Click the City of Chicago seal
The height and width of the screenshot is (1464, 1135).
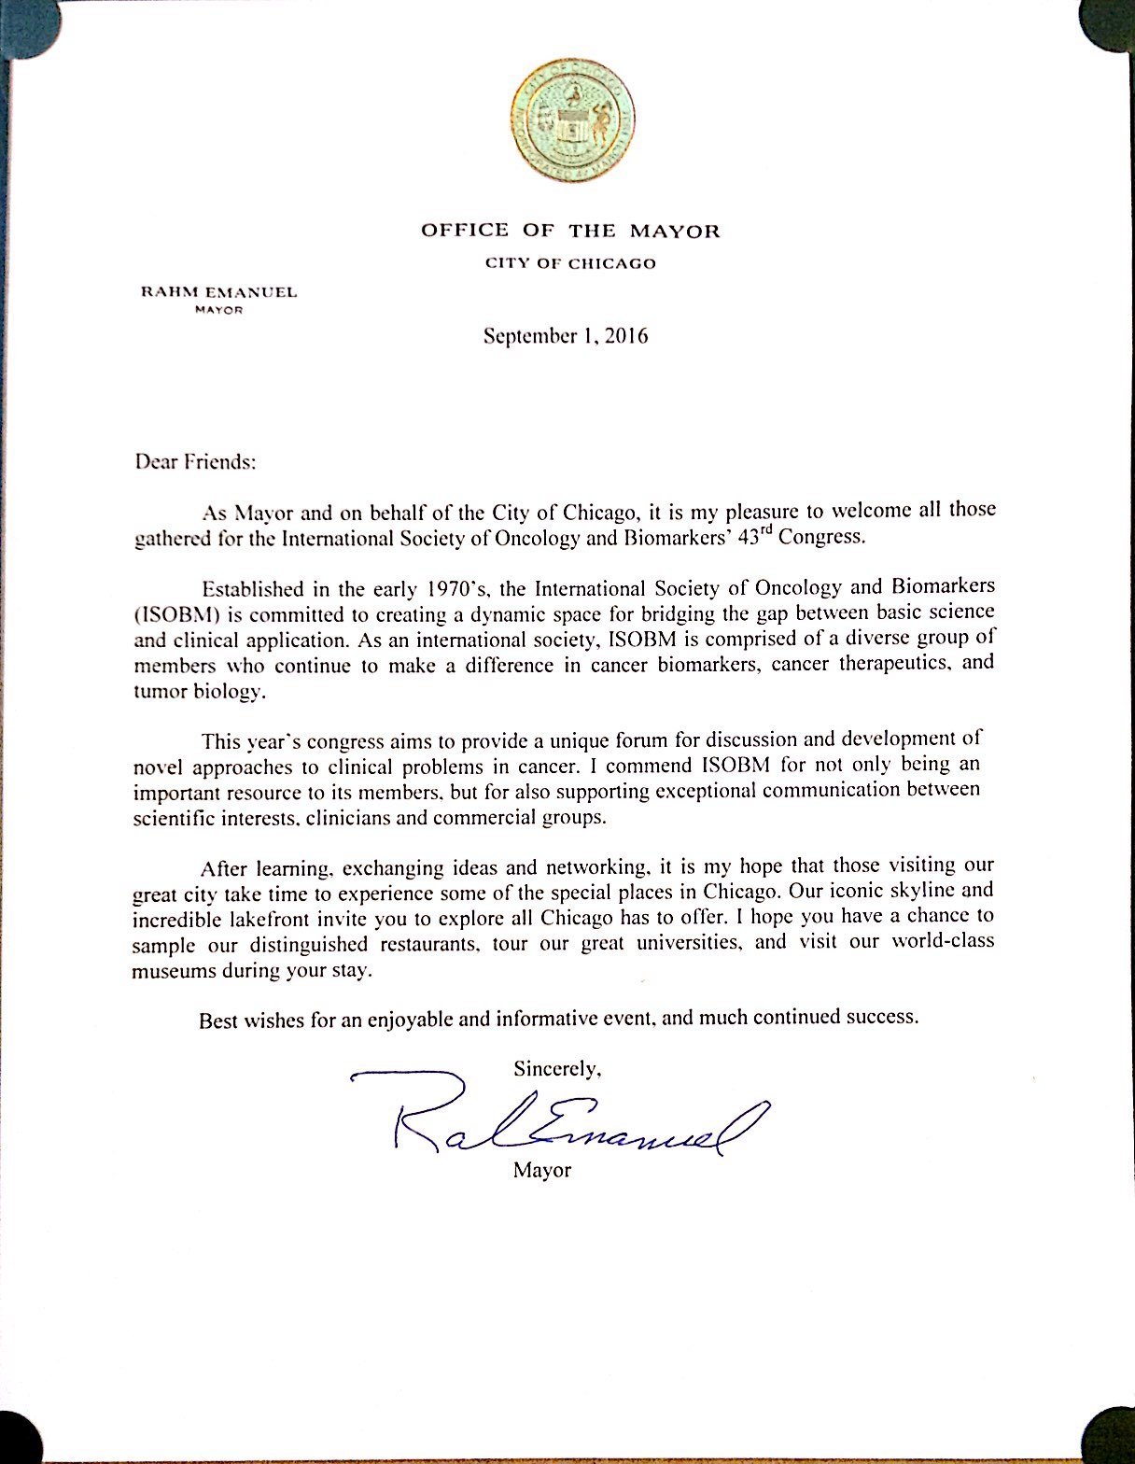[571, 120]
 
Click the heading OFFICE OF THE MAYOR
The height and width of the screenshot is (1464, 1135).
[570, 231]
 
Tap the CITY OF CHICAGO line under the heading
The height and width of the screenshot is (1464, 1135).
[569, 263]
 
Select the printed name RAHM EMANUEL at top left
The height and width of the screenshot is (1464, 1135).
[218, 292]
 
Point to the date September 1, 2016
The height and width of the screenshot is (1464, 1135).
[566, 336]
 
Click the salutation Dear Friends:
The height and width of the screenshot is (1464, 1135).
[194, 461]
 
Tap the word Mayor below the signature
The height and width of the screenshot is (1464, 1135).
[541, 1170]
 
